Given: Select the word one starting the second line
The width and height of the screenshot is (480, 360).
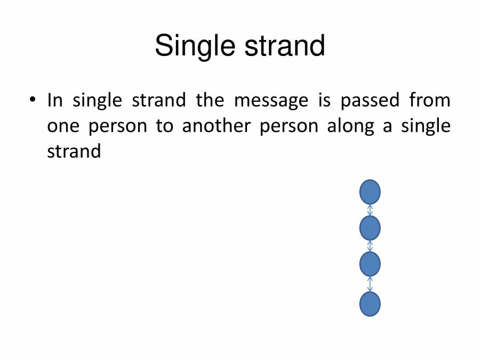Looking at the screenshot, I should tap(62, 126).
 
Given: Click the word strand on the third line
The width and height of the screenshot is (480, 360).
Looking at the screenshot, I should tap(74, 151).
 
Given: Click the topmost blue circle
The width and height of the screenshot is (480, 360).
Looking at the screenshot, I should tap(370, 192).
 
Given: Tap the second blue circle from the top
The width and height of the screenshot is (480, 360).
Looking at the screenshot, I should tap(370, 228).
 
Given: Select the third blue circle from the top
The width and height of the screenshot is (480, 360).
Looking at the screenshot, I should tap(370, 264).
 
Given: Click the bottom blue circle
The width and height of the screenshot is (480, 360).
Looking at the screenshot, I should tap(370, 304).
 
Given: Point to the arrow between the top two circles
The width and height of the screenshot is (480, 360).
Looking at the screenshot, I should tap(370, 210).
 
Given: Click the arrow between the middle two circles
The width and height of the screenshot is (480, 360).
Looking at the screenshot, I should tap(370, 246).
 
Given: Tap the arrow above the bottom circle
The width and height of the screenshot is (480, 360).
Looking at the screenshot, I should tap(370, 284).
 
